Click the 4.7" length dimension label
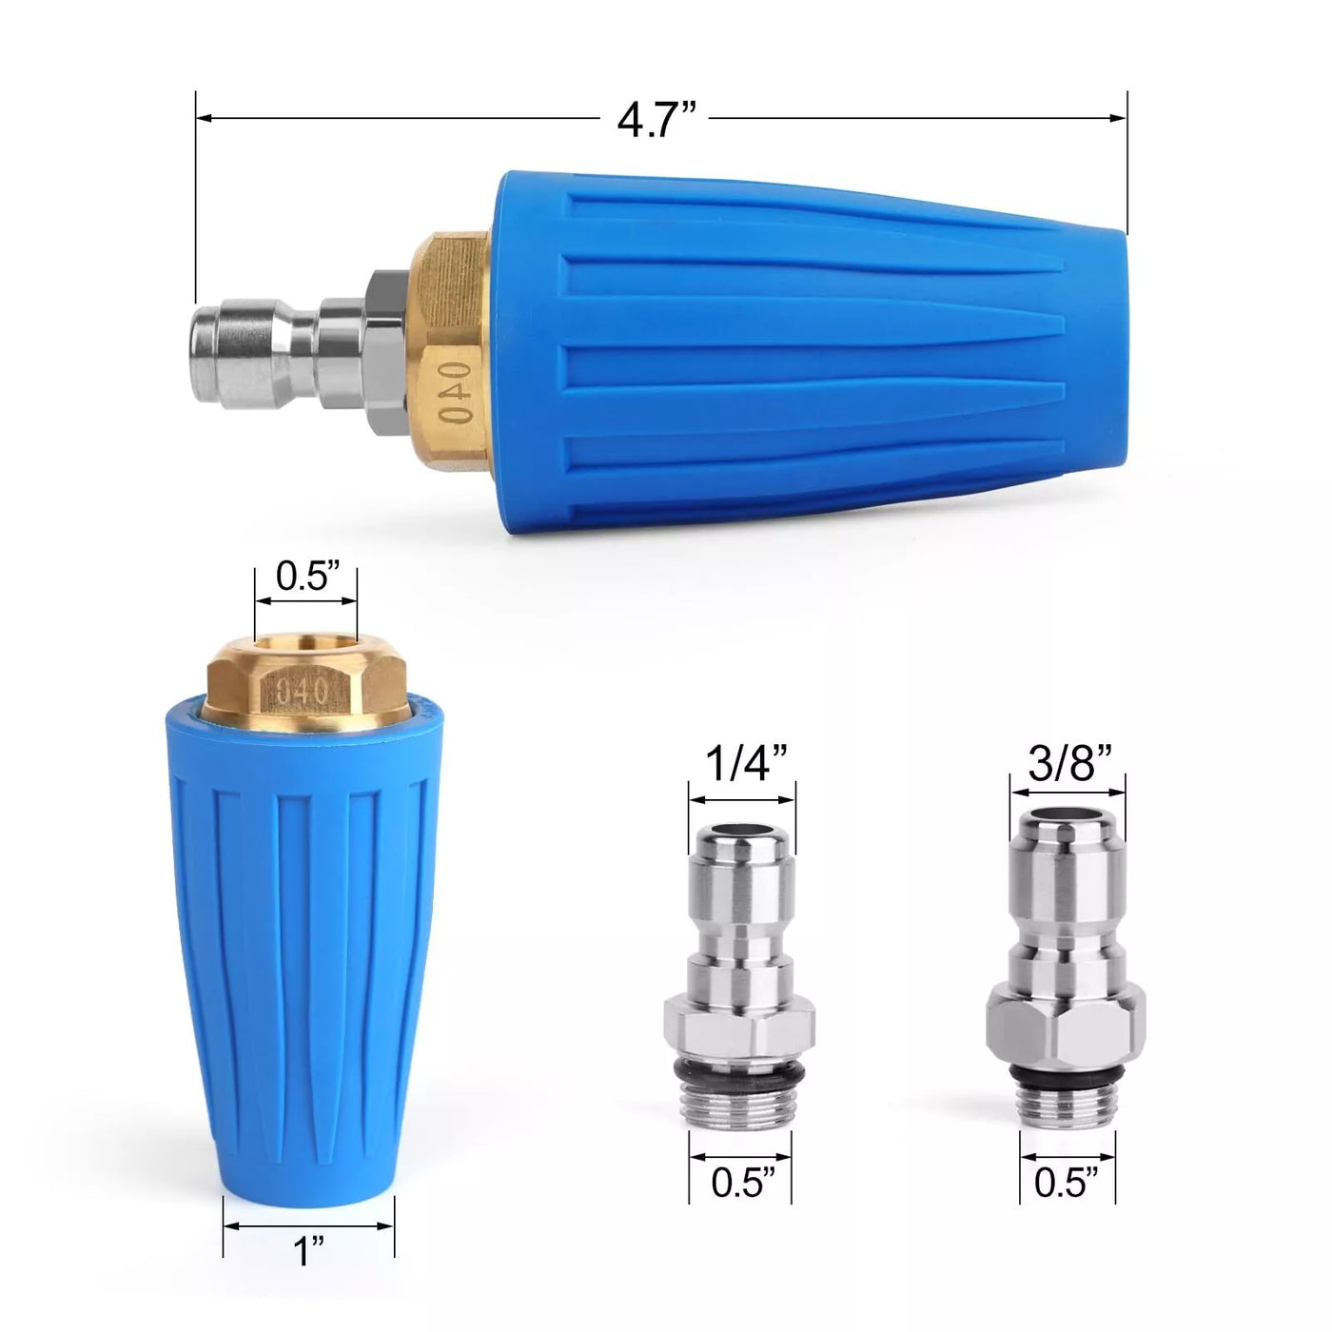point(657,120)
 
